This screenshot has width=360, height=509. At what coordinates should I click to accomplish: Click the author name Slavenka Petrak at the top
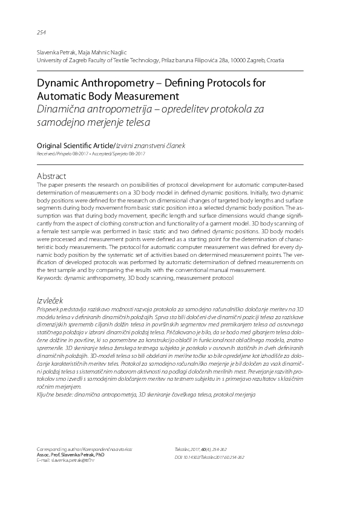coord(56,53)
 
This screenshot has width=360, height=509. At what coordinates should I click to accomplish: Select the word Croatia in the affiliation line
coord(272,60)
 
